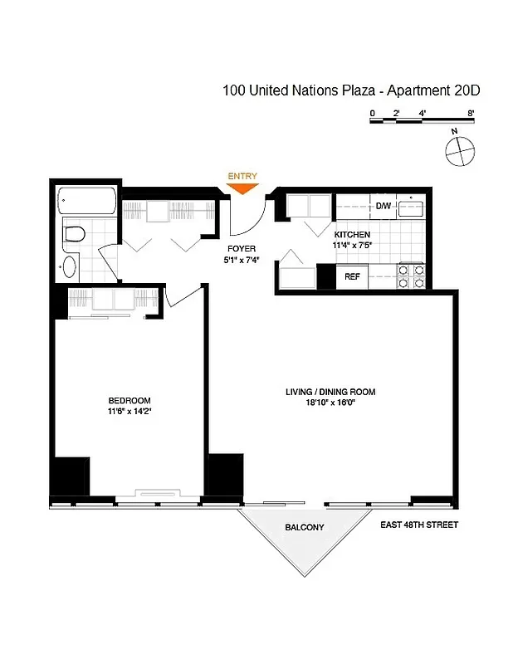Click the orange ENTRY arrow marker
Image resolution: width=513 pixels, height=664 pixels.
point(243,188)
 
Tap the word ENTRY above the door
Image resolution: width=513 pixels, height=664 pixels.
point(242,175)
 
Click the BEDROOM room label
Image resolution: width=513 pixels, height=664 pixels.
point(129,400)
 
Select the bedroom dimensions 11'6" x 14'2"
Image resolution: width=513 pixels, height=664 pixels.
point(129,411)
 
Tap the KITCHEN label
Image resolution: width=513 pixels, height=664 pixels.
point(352,235)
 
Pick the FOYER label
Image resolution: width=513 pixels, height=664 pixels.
point(242,248)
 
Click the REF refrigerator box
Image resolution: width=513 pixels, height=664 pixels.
point(352,276)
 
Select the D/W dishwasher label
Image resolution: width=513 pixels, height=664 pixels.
point(383,206)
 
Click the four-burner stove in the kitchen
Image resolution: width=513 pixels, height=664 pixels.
point(412,276)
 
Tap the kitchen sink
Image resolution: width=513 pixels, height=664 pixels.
point(411,207)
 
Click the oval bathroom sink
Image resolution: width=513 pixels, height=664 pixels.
point(70,266)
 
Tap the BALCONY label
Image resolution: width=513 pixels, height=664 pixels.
point(305,528)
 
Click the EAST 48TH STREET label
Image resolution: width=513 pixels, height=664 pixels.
point(419,525)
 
